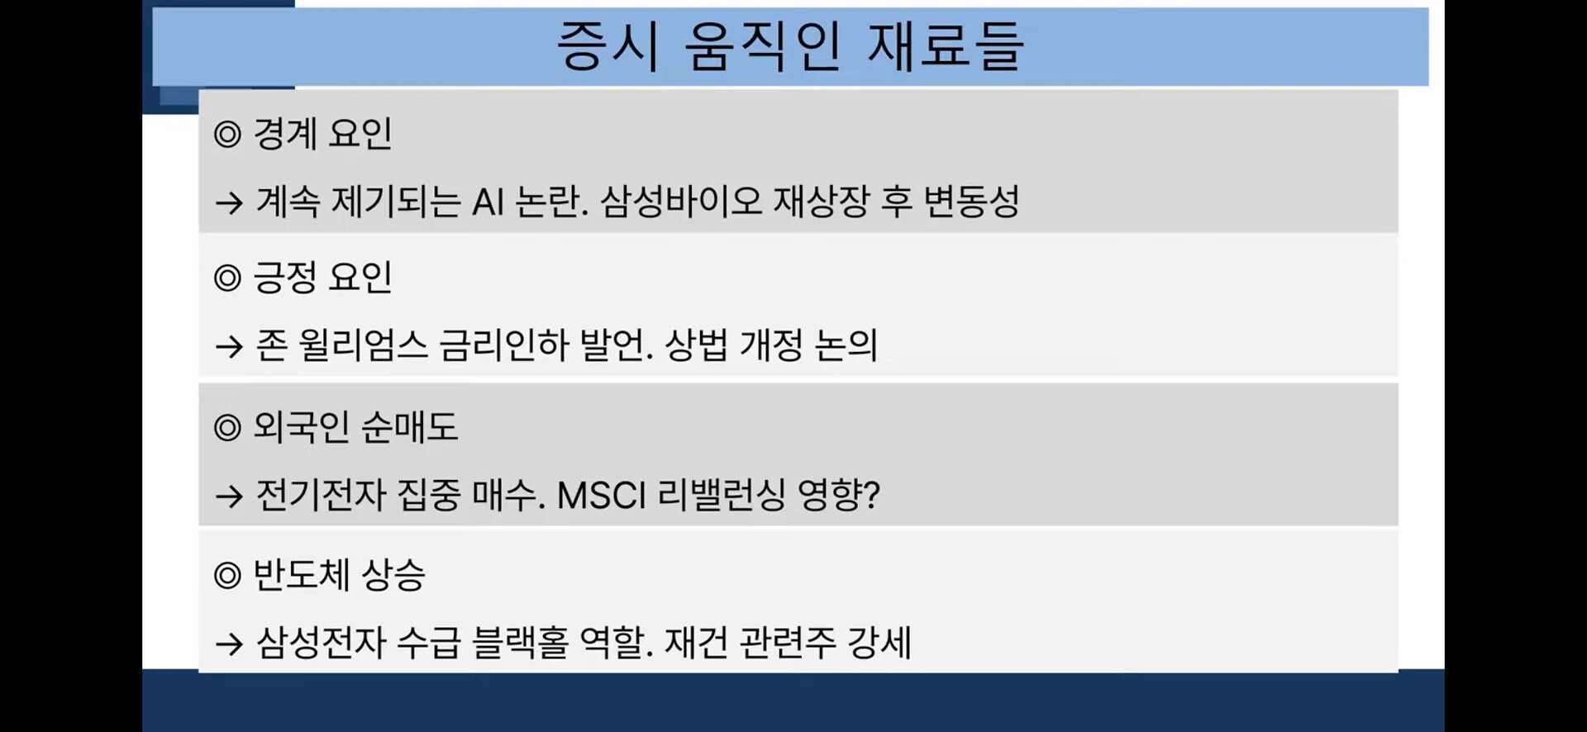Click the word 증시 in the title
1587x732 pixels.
click(x=608, y=46)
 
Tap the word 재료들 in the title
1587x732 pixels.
click(x=946, y=46)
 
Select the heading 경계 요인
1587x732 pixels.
click(x=322, y=134)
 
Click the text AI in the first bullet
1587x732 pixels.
click(x=488, y=202)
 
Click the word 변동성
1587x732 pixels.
click(x=971, y=202)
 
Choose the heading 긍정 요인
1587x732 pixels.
click(x=322, y=278)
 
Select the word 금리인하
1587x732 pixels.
click(x=504, y=345)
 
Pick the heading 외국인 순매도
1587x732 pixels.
click(x=355, y=427)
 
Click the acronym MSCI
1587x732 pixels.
click(x=602, y=496)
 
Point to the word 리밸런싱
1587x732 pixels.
click(x=722, y=496)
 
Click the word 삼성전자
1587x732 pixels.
click(x=322, y=643)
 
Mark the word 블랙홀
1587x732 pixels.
click(x=521, y=643)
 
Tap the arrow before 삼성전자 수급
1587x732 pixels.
click(x=229, y=644)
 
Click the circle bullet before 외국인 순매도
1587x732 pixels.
click(x=227, y=428)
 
